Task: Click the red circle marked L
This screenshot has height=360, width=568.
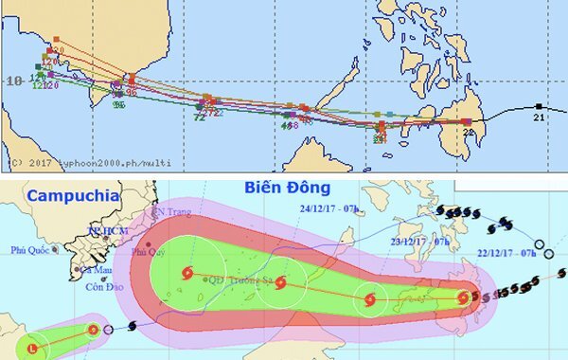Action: coord(34,349)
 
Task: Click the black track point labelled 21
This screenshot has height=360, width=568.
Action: coord(538,106)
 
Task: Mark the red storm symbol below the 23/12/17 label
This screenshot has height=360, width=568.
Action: coord(369,302)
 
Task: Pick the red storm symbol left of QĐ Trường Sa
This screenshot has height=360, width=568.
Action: coord(185,275)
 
